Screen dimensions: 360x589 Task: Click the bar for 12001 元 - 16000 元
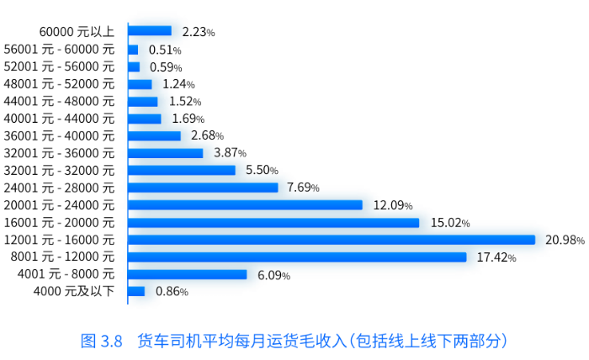pyautogui.click(x=332, y=240)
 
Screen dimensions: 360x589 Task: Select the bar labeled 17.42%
pyautogui.click(x=297, y=257)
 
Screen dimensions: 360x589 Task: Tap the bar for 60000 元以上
pyautogui.click(x=150, y=31)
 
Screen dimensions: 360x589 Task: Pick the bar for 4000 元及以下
pyautogui.click(x=136, y=291)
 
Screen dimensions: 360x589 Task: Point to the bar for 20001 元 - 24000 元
pyautogui.click(x=245, y=204)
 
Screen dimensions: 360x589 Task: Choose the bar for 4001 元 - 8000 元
pyautogui.click(x=188, y=274)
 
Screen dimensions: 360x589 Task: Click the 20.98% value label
pyautogui.click(x=564, y=240)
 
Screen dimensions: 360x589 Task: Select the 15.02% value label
pyautogui.click(x=449, y=222)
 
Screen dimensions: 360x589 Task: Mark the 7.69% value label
pyautogui.click(x=302, y=188)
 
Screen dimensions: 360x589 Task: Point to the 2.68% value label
pyautogui.click(x=207, y=135)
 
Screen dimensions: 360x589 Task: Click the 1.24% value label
pyautogui.click(x=178, y=84)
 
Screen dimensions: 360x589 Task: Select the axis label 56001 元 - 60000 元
pyautogui.click(x=59, y=49)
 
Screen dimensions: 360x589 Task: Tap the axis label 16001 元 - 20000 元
pyautogui.click(x=59, y=222)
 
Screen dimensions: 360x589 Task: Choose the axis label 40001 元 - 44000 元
pyautogui.click(x=59, y=119)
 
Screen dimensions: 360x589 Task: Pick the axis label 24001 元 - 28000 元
pyautogui.click(x=59, y=188)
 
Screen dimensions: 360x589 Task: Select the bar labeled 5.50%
pyautogui.click(x=182, y=170)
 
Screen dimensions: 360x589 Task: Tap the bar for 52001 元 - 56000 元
pyautogui.click(x=134, y=66)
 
